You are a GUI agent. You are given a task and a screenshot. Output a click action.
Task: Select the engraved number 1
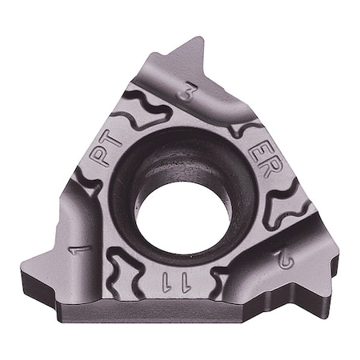[79, 250]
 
